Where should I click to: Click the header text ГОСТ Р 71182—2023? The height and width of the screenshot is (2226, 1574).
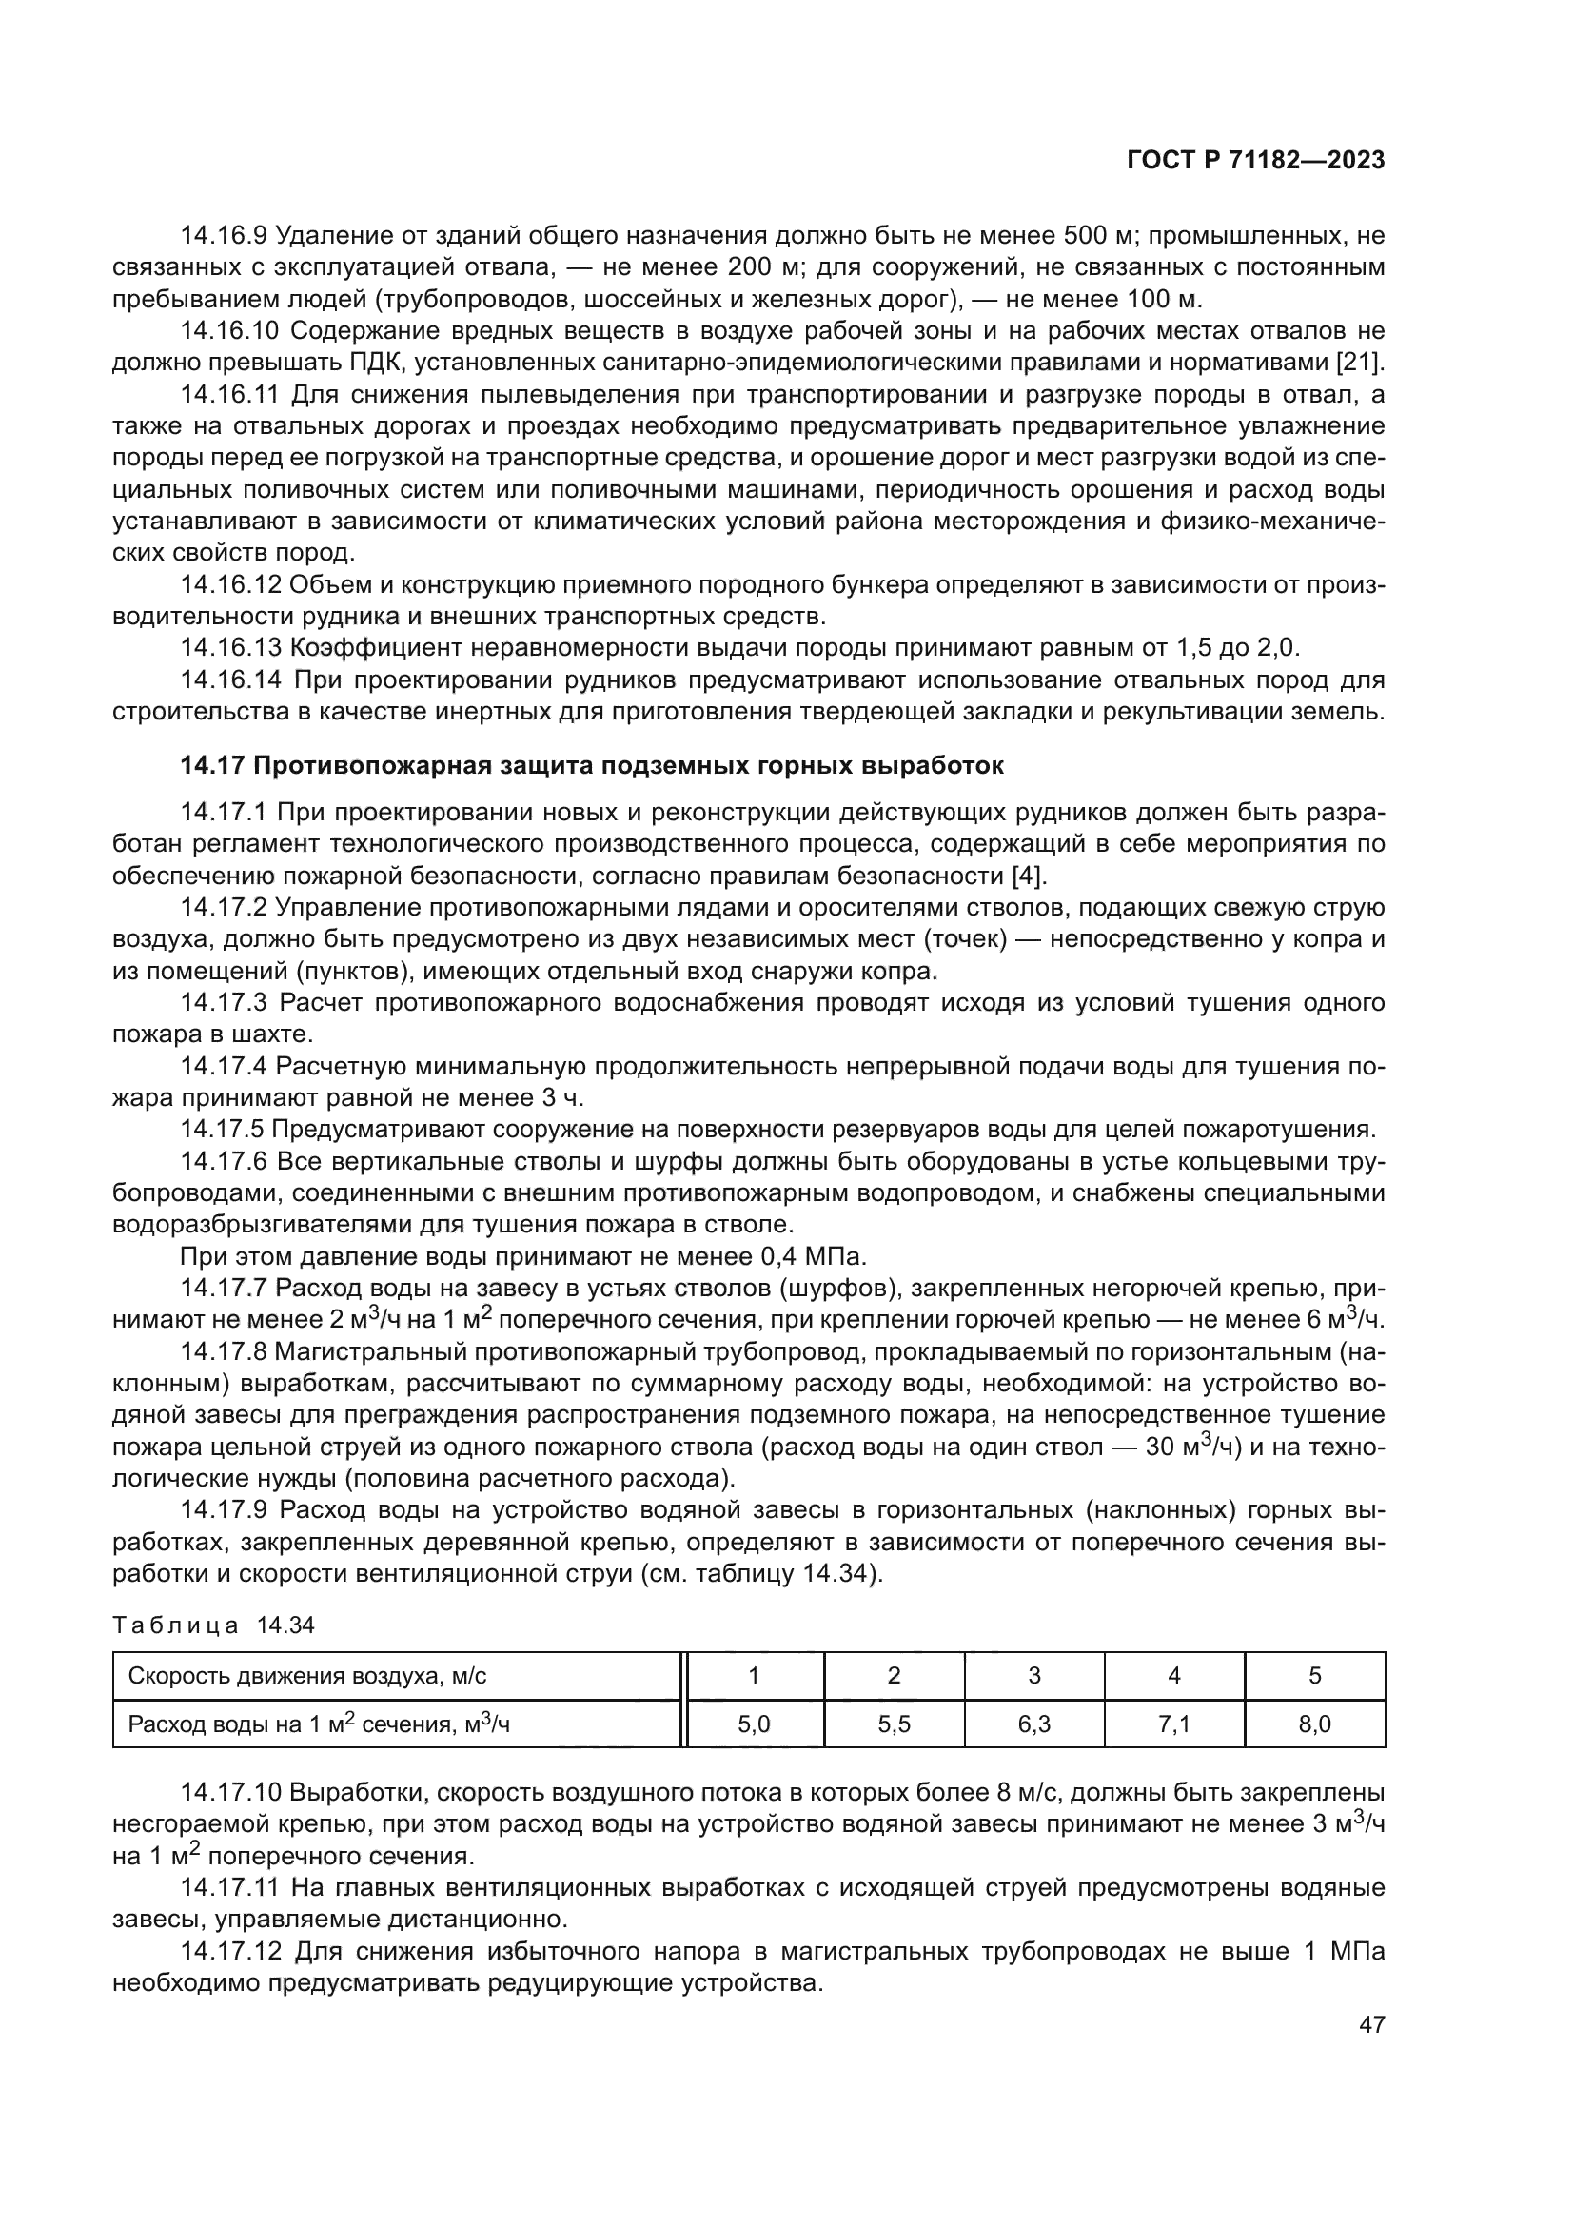point(1255,160)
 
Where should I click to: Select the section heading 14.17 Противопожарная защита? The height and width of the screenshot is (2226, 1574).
point(592,766)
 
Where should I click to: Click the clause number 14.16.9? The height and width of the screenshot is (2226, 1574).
point(224,236)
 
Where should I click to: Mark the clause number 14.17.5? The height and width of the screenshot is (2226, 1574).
point(224,1130)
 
